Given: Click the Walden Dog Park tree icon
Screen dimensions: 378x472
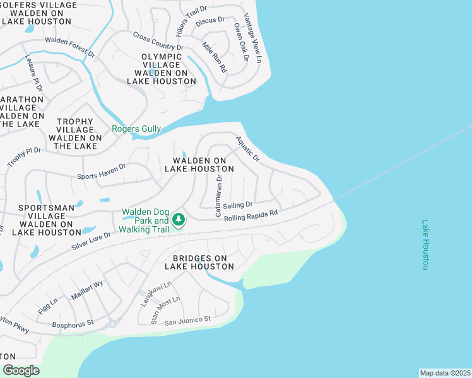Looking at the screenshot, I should coord(179,219).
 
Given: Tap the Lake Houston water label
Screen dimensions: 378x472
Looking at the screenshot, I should coord(425,244).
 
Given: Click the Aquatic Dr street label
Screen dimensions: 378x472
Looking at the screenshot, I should coord(247,149).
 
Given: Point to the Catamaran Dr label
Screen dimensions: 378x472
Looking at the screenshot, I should coord(219,195).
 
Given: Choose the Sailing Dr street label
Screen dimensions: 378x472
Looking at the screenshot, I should coord(238,205).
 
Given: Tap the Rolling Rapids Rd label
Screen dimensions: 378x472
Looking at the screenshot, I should coord(251,214).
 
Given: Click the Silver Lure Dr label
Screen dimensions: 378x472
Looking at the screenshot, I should coord(91,241).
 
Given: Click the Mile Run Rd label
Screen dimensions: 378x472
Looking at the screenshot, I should coord(214,57).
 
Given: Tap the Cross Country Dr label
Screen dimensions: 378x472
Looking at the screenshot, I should coord(158,42).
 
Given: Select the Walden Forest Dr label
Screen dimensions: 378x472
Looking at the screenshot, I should coord(69,48).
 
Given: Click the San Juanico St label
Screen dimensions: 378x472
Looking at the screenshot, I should coord(188,321).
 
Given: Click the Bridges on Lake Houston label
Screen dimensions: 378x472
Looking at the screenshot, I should coord(199,262).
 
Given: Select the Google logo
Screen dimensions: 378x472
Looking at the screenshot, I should coord(20,370).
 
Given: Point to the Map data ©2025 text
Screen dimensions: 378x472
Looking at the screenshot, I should coord(445,373).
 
